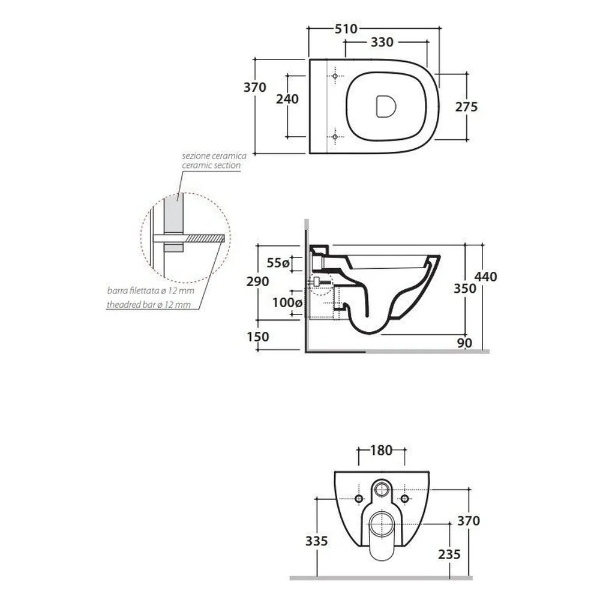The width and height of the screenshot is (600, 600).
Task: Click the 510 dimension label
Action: tap(346, 29)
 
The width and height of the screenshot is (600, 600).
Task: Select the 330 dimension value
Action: tap(382, 42)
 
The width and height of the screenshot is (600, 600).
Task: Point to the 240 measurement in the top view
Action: tap(287, 99)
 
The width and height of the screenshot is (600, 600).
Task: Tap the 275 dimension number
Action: tap(466, 107)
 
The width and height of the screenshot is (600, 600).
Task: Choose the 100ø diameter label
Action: tap(287, 302)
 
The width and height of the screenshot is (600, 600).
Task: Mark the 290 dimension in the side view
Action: tap(257, 281)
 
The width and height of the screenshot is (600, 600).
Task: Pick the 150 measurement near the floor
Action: tap(258, 337)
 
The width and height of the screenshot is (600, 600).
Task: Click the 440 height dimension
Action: tap(485, 277)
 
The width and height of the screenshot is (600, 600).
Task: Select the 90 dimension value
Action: tap(464, 343)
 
